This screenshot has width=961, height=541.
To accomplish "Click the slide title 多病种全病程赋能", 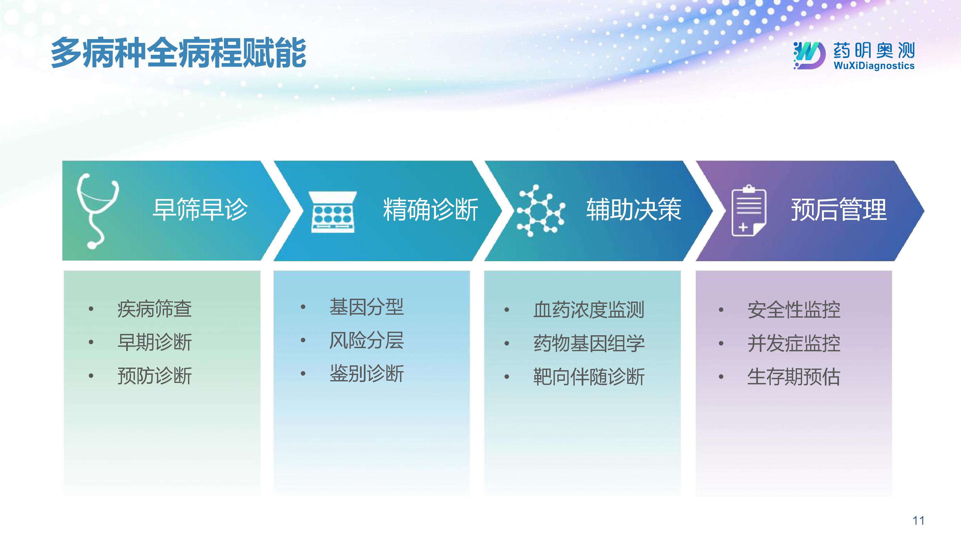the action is (x=178, y=53).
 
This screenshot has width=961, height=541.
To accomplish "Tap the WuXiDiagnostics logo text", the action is (x=874, y=66).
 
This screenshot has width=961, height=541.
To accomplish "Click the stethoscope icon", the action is (x=97, y=211).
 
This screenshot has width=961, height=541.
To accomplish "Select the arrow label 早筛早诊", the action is (x=200, y=210).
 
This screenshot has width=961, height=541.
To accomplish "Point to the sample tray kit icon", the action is (x=333, y=212).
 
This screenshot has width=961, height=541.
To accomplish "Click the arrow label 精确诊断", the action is (x=431, y=210).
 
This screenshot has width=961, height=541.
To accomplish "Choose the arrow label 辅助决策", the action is (x=634, y=210).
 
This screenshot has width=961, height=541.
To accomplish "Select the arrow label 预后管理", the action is (x=839, y=210).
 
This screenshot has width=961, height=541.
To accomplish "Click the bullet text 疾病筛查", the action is (x=154, y=309).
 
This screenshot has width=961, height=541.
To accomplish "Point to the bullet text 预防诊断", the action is (x=154, y=376).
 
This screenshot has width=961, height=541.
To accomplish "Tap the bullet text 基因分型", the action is (x=366, y=307).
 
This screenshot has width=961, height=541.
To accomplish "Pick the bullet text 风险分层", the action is (x=366, y=340).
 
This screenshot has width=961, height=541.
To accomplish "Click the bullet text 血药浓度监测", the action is (x=589, y=310).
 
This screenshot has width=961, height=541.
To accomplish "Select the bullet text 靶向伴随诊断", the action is (x=589, y=377).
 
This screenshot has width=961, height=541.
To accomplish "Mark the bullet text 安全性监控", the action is (x=794, y=310).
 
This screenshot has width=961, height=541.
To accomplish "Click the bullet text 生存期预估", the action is (x=794, y=377).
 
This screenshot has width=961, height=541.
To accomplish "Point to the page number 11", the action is (x=918, y=520).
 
